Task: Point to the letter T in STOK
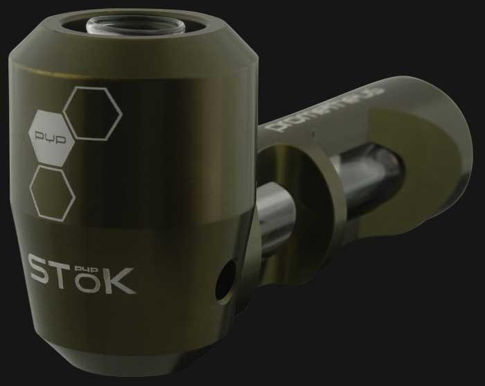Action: (x=72, y=272)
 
